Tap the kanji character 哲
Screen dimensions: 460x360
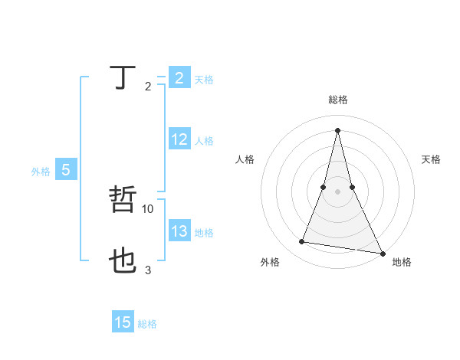(x=123, y=200)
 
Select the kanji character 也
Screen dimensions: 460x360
(x=123, y=261)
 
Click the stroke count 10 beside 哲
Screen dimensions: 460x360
(x=148, y=208)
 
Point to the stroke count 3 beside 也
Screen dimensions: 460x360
(x=148, y=270)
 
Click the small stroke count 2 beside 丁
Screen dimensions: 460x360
(x=148, y=87)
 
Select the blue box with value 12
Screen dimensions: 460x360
(x=179, y=140)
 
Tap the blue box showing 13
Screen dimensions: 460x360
(x=179, y=232)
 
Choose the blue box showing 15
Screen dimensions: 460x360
(x=123, y=323)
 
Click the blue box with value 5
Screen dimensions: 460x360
(x=66, y=171)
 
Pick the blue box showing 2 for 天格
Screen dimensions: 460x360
(x=179, y=78)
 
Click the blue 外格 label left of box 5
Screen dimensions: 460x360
(x=41, y=172)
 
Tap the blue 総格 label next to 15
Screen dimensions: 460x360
(x=147, y=324)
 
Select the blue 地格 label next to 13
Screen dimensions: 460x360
(x=204, y=233)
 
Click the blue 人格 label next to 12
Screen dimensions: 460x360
(x=204, y=141)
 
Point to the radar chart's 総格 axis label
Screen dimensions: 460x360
(x=338, y=100)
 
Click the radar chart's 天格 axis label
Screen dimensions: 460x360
(x=431, y=159)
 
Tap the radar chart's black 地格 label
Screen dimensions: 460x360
(x=402, y=262)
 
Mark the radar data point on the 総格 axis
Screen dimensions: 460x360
(x=338, y=129)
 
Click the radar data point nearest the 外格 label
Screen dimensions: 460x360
(x=302, y=242)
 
